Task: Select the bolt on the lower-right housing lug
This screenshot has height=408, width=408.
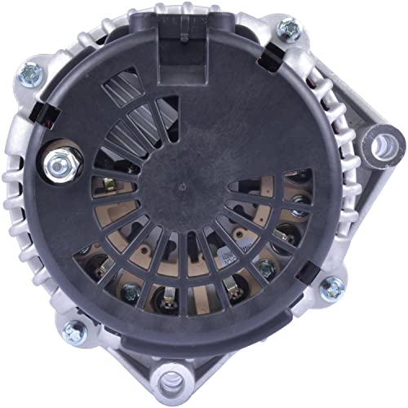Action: point(332,287)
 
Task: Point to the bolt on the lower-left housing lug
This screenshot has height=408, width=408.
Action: point(74,330)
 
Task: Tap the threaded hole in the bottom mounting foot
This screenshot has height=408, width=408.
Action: point(174,380)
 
